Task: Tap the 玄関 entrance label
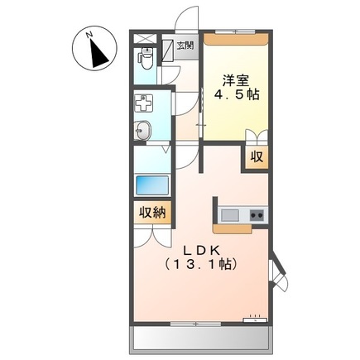coord(184,46)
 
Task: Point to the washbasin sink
coord(142,130)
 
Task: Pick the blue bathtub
coord(151,184)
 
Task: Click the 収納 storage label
coord(151,212)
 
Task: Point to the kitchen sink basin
coord(229,215)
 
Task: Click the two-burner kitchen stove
coord(257,216)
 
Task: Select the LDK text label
coord(200,249)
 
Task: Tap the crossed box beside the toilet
coord(146,39)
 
